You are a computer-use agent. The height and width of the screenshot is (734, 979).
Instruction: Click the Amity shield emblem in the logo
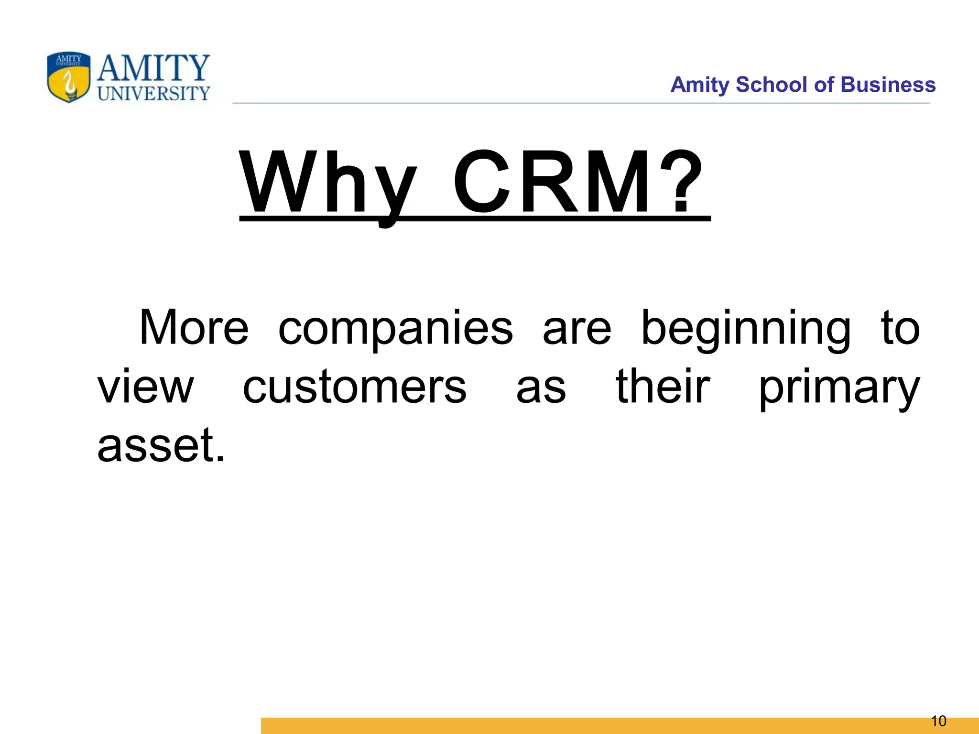tap(69, 77)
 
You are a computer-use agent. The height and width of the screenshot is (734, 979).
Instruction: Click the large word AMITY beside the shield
tap(153, 68)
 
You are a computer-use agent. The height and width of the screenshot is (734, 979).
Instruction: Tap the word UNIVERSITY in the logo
tap(153, 93)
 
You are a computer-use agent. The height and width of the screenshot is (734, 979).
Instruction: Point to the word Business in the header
tap(888, 85)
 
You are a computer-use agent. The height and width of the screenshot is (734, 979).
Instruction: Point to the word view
tap(145, 387)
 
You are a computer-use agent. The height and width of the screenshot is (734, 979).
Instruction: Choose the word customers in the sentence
tap(354, 387)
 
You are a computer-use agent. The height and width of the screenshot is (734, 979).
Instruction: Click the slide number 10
tap(939, 721)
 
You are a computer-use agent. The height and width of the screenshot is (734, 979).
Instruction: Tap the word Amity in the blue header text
tap(700, 85)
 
